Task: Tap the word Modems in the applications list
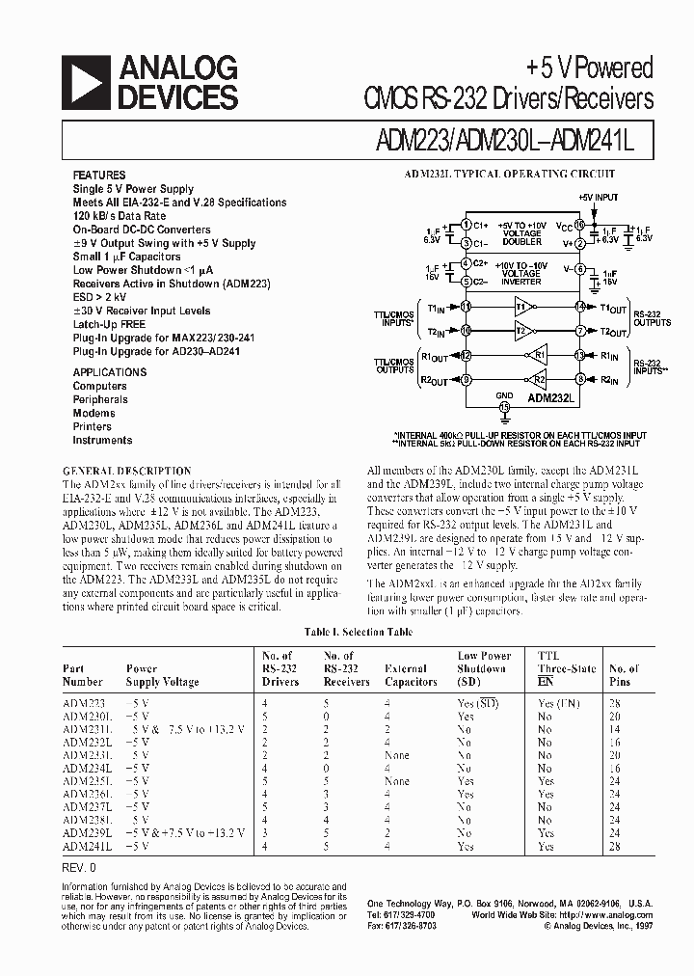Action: pos(93,413)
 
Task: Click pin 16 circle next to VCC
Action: pos(580,223)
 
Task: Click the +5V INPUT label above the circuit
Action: pos(598,197)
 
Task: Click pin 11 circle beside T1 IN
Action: pos(466,307)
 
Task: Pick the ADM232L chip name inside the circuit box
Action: pos(549,396)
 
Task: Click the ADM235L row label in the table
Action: pos(88,780)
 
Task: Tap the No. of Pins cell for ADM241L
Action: pos(620,846)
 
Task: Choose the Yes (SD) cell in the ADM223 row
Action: pos(478,703)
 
